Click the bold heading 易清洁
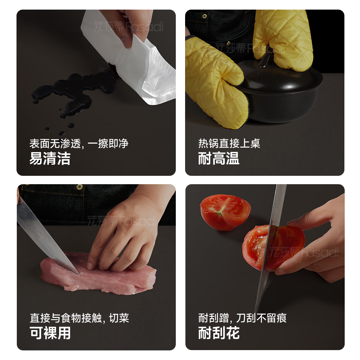click(x=50, y=158)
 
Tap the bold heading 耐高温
click(x=219, y=158)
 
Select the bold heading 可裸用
click(x=50, y=333)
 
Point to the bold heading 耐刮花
click(x=219, y=333)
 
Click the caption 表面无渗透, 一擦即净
click(x=79, y=144)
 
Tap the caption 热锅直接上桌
click(x=229, y=144)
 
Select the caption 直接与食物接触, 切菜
click(x=79, y=318)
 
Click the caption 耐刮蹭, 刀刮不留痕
click(x=242, y=318)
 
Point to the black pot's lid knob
click(x=264, y=60)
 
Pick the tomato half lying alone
click(x=225, y=211)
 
